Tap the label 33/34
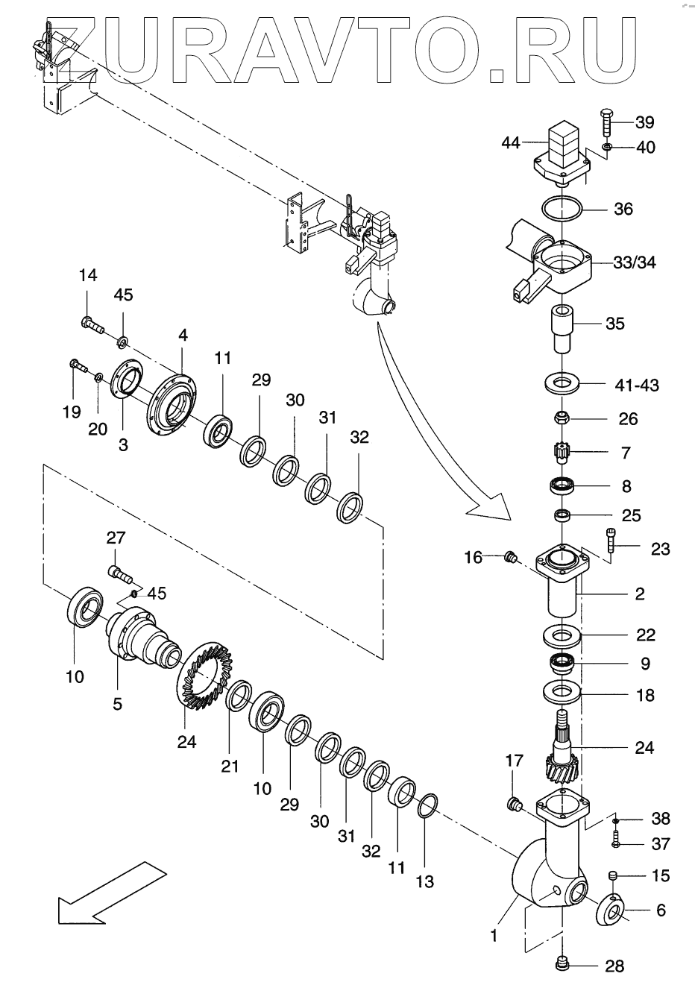pyautogui.click(x=635, y=262)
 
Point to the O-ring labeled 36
pyautogui.click(x=560, y=208)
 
